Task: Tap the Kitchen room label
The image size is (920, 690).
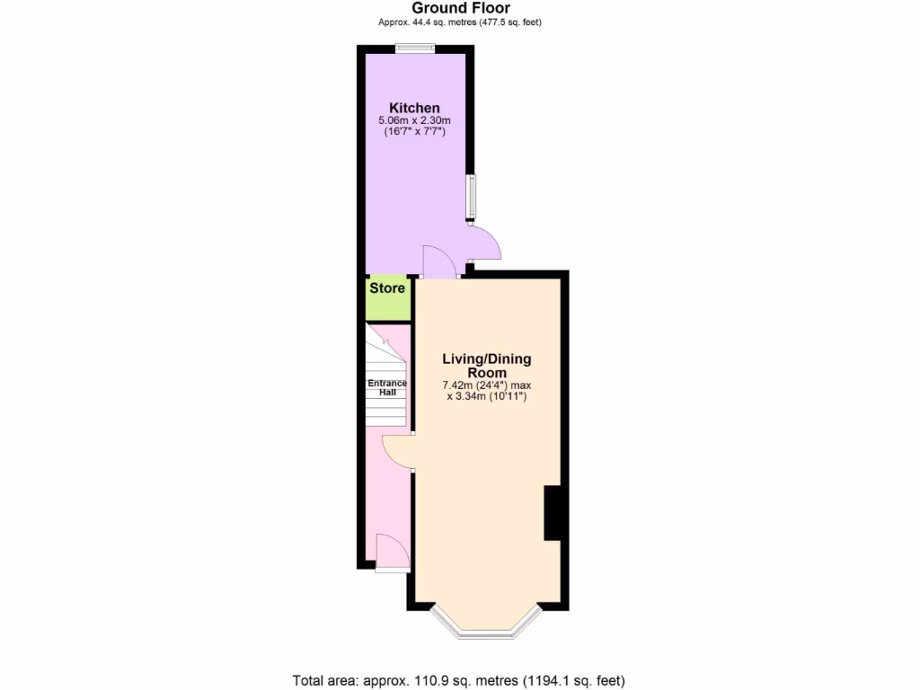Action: point(414,108)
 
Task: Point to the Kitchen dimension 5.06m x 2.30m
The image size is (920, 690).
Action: point(414,120)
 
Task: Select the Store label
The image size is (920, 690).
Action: point(387,288)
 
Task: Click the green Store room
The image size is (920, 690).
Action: point(387,305)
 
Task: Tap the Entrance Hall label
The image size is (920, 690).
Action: point(387,388)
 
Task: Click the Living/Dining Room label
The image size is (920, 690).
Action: point(486,366)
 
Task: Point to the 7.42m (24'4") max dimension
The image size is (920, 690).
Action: point(486,385)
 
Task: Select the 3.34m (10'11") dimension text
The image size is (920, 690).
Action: point(486,397)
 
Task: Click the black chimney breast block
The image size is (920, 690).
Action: point(553,513)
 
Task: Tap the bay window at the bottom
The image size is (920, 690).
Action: point(487,632)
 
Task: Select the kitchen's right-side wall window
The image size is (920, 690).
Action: point(471,196)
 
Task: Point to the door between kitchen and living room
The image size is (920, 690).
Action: point(438,262)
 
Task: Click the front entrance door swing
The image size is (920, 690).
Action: point(394,552)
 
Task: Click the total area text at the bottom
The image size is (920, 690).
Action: point(459,680)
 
